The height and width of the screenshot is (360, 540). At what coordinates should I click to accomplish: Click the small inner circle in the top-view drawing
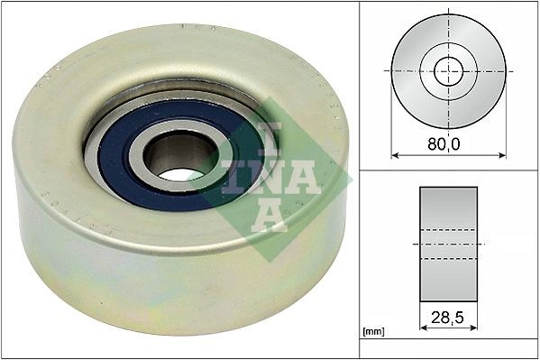(x=448, y=69)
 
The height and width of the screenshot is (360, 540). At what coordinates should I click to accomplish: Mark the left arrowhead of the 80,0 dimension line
(x=394, y=155)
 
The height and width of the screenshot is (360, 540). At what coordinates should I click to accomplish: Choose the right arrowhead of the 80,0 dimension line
(x=502, y=155)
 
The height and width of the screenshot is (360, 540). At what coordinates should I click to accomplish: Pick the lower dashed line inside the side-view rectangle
(x=449, y=259)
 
